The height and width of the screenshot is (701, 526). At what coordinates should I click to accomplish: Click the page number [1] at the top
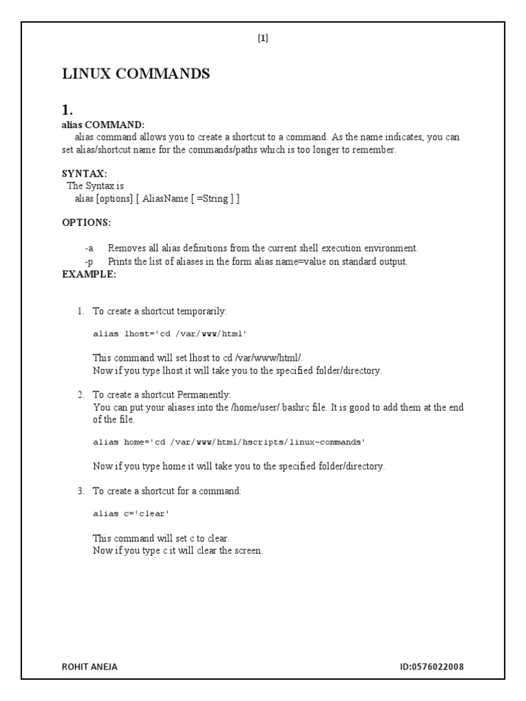point(263,38)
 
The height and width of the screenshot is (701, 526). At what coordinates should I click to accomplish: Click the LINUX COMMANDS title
point(136,74)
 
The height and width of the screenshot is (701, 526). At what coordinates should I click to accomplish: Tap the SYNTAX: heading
point(84,174)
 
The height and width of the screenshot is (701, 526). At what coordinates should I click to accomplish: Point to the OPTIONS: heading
point(86,223)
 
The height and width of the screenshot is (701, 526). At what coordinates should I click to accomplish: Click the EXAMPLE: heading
point(89,274)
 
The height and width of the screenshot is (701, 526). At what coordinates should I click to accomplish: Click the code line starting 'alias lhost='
point(169,334)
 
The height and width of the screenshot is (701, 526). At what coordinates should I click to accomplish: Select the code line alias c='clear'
point(130,513)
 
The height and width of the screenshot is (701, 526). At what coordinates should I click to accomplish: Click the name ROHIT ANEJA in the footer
point(90,666)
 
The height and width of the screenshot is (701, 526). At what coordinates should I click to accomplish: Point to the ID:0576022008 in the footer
point(434,666)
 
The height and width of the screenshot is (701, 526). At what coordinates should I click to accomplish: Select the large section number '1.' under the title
point(67,110)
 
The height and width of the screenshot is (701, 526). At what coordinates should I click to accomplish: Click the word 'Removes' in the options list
point(124,248)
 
